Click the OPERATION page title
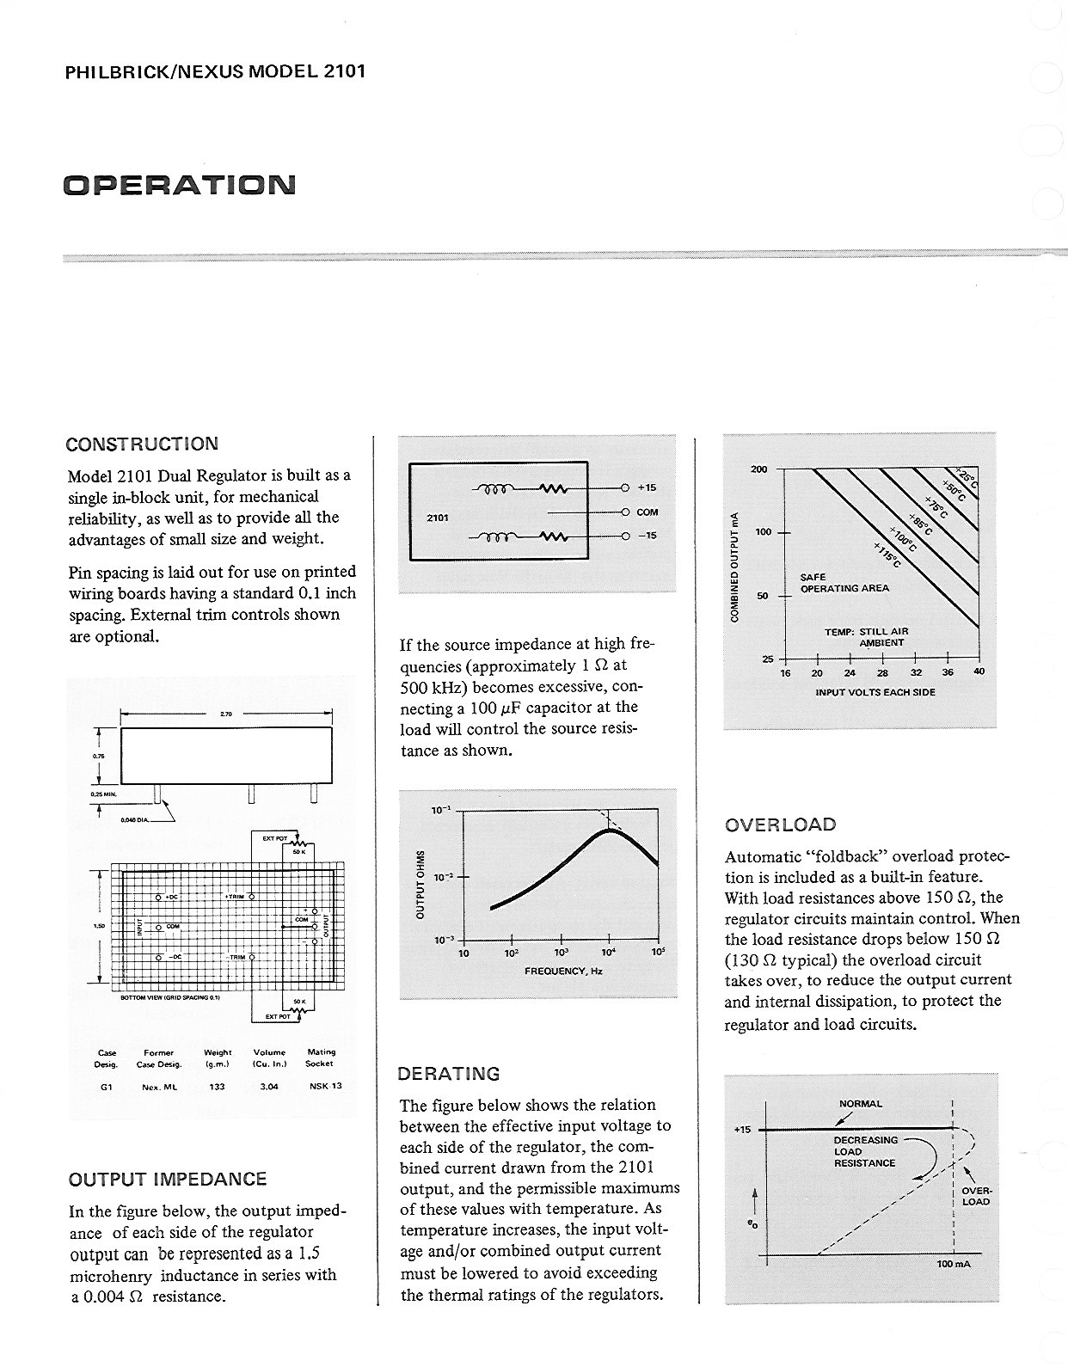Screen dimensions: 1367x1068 pyautogui.click(x=179, y=185)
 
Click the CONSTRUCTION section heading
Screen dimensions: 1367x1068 pyautogui.click(x=142, y=444)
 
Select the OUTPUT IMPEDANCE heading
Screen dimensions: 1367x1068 pyautogui.click(x=168, y=1180)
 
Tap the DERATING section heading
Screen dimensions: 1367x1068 pyautogui.click(x=448, y=1074)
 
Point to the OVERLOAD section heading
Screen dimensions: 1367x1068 pyautogui.click(x=780, y=825)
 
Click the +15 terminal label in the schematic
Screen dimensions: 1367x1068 pyautogui.click(x=647, y=487)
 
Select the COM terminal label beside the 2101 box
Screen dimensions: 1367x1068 pyautogui.click(x=647, y=512)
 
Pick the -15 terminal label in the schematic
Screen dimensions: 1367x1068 pyautogui.click(x=647, y=536)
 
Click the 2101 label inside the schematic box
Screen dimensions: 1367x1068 pyautogui.click(x=438, y=518)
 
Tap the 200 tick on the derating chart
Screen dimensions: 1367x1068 pyautogui.click(x=758, y=469)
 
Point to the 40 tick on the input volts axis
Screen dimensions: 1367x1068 pyautogui.click(x=979, y=672)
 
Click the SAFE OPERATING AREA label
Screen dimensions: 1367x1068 pyautogui.click(x=844, y=583)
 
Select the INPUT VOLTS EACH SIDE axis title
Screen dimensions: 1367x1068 pyautogui.click(x=875, y=691)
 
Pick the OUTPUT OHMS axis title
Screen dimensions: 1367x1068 pyautogui.click(x=420, y=886)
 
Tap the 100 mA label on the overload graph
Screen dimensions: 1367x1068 pyautogui.click(x=954, y=1265)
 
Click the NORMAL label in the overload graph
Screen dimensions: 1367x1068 pyautogui.click(x=860, y=1104)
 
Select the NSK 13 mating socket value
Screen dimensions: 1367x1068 pyautogui.click(x=326, y=1086)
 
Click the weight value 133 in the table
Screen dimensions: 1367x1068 pyautogui.click(x=217, y=1087)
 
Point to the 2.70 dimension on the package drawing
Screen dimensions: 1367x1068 pyautogui.click(x=226, y=714)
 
